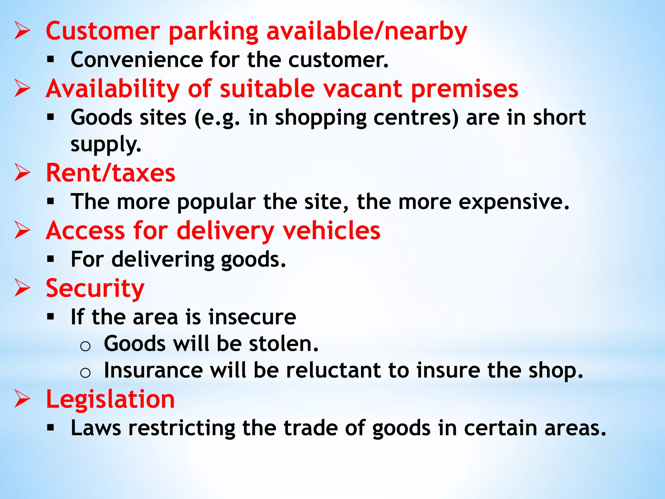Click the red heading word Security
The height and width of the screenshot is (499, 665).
pos(95,288)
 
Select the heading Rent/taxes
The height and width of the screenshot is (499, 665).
pos(110,173)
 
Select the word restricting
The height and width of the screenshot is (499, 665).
pos(182,428)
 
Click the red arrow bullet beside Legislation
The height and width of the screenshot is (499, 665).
pos(22,399)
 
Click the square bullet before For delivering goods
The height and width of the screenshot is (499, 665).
pos(50,259)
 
